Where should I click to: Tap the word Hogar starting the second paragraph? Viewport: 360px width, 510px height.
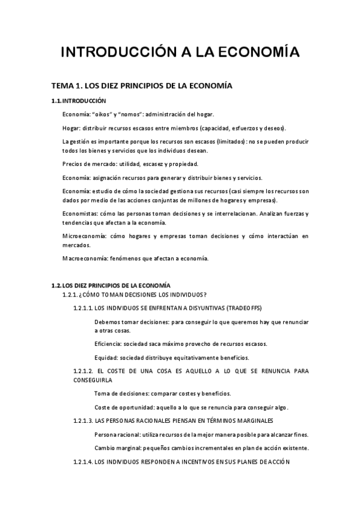point(71,128)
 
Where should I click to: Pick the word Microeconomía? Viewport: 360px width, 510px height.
point(84,236)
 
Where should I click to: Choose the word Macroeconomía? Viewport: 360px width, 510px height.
point(84,259)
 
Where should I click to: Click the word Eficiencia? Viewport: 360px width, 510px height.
point(108,344)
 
